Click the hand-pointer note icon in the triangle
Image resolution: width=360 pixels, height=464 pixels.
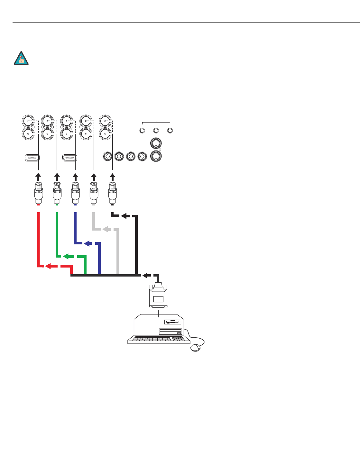(21, 59)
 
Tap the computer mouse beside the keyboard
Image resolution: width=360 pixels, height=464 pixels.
(196, 348)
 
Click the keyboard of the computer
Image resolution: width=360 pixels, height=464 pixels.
(157, 339)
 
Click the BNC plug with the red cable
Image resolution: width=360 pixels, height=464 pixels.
(39, 193)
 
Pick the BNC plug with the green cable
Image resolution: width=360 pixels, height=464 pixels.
(57, 193)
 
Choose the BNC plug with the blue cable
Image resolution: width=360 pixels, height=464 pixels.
(75, 193)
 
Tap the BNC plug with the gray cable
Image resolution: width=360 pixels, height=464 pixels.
(94, 193)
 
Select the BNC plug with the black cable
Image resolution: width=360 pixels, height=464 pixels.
(112, 193)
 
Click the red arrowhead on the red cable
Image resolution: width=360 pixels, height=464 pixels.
(48, 266)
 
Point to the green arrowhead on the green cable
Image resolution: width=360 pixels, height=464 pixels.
(66, 256)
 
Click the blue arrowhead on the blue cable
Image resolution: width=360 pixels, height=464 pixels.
(86, 244)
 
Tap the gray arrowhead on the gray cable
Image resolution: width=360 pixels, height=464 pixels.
(105, 229)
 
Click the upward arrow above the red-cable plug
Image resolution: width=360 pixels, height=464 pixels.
(38, 177)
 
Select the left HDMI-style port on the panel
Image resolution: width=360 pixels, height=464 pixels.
(32, 158)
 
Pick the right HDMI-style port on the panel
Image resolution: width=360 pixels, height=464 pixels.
(69, 158)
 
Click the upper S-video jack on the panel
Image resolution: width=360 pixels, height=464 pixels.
(156, 143)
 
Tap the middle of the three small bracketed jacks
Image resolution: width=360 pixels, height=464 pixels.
(156, 131)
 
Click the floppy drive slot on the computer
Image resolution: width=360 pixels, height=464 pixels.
(173, 322)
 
